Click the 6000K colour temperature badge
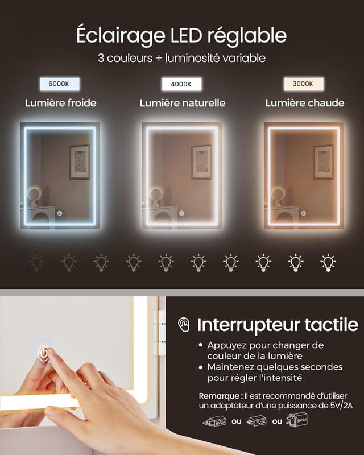[60, 84]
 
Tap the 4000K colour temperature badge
[181, 84]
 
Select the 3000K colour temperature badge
[304, 84]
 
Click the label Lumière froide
[60, 103]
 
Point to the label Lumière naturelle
[183, 103]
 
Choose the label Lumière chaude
[304, 103]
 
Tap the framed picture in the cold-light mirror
[79, 162]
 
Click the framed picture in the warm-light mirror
[323, 162]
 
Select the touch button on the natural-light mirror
[181, 213]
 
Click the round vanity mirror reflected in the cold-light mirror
[33, 195]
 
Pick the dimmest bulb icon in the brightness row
[36, 262]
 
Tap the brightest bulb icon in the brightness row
[328, 262]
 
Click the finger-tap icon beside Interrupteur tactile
[184, 325]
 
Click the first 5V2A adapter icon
[215, 421]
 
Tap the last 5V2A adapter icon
[299, 420]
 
